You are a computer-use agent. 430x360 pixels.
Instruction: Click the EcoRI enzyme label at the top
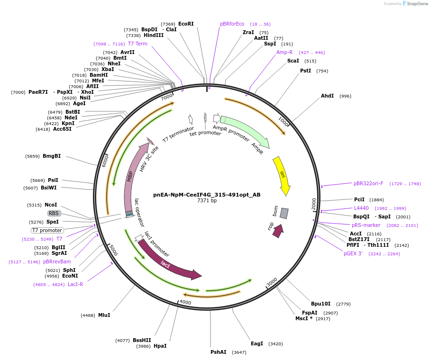tap(186, 24)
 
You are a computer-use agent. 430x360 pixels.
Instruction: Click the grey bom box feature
tap(284, 213)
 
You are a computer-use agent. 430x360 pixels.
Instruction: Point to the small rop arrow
tap(278, 231)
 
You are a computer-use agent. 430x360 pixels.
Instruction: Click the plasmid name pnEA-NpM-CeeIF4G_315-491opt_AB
tap(207, 194)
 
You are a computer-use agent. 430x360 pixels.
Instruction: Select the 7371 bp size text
tap(207, 201)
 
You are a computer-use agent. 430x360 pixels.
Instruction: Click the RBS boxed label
tap(54, 213)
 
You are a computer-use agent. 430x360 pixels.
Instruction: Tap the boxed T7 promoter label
tap(47, 230)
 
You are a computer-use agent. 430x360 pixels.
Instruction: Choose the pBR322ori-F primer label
tap(368, 183)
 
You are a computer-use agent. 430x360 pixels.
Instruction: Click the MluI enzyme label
tap(104, 315)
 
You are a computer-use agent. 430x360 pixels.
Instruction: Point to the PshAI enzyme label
tap(219, 352)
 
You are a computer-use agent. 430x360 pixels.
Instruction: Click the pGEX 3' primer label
tap(353, 253)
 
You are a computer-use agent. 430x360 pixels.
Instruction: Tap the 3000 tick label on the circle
tap(272, 282)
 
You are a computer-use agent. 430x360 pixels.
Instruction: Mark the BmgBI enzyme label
tap(52, 156)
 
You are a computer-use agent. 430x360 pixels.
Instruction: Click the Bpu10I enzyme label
tap(320, 304)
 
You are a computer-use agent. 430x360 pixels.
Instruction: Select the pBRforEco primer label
tap(232, 24)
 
